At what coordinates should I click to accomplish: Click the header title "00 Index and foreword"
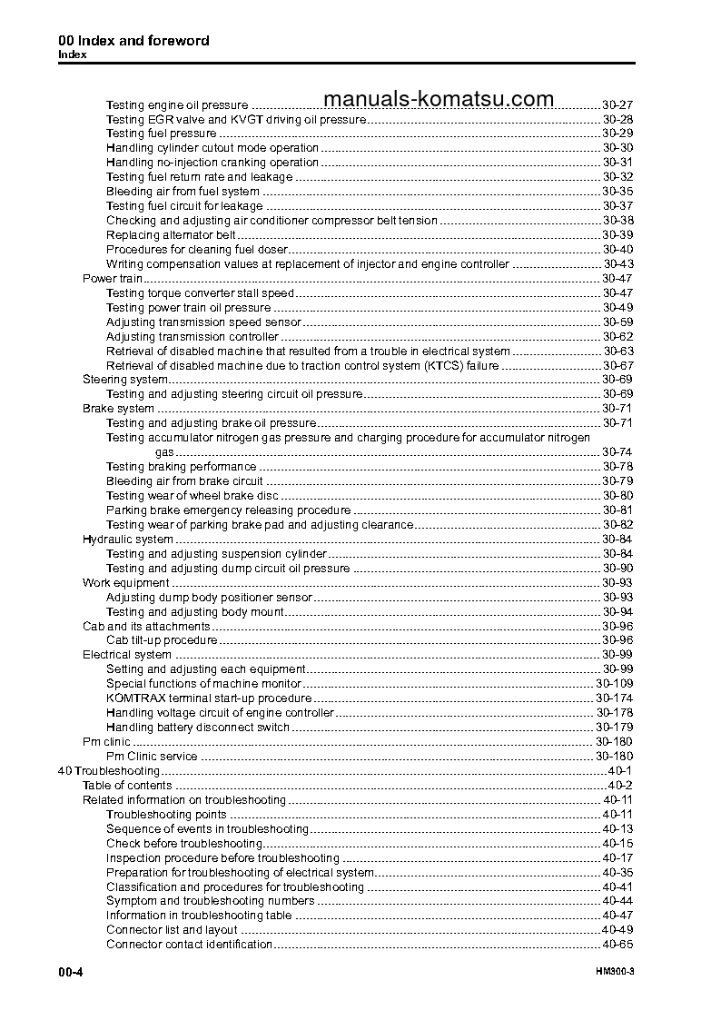click(133, 41)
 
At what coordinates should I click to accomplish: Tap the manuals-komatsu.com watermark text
click(438, 99)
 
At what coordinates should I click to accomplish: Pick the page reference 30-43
click(617, 264)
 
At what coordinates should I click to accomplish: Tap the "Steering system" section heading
click(124, 380)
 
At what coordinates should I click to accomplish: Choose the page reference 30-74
click(617, 452)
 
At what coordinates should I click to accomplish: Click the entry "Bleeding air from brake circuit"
click(184, 481)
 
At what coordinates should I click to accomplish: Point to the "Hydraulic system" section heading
click(127, 540)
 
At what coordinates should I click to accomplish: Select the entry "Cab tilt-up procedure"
click(162, 640)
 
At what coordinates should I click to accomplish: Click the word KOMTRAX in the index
click(134, 698)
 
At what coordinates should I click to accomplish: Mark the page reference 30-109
click(614, 684)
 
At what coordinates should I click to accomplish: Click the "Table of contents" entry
click(127, 786)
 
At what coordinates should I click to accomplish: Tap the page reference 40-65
click(617, 945)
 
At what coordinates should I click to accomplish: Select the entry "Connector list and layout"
click(172, 930)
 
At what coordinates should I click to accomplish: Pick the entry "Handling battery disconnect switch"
click(198, 728)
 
